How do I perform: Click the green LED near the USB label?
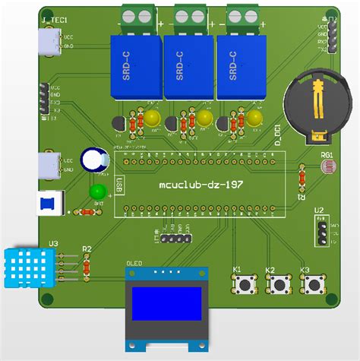click(97, 192)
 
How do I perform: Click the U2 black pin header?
click(322, 231)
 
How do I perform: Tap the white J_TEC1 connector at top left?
click(49, 41)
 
